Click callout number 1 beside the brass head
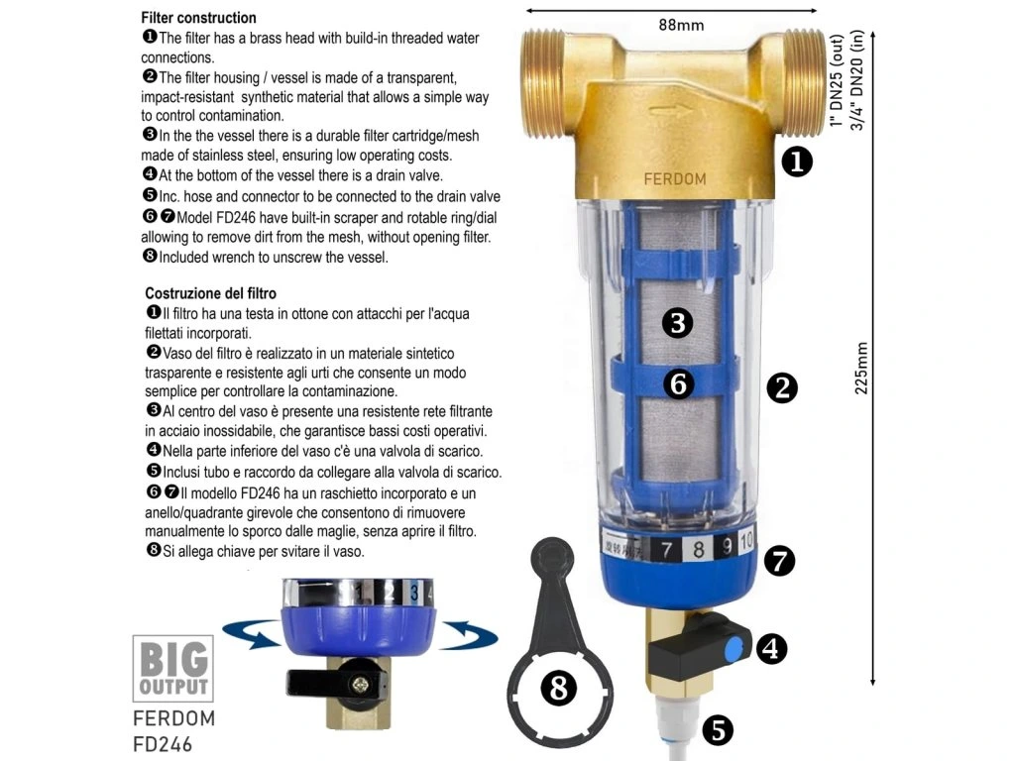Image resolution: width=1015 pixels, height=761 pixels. point(797,162)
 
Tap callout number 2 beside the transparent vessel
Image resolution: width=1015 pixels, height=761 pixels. point(782,387)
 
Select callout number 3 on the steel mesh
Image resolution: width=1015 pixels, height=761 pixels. point(678,322)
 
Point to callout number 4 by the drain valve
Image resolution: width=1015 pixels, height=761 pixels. point(771,648)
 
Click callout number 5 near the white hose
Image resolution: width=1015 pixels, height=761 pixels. point(718,730)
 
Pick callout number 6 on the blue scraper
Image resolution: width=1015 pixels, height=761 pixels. point(678,383)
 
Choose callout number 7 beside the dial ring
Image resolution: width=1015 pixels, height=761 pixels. point(779,561)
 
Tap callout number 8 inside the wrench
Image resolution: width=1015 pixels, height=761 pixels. point(559,688)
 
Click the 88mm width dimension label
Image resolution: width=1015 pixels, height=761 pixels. point(681,25)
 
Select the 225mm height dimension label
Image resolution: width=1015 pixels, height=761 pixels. point(861,369)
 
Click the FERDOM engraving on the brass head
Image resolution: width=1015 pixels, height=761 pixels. point(674,179)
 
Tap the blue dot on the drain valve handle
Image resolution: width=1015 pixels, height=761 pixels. point(733,650)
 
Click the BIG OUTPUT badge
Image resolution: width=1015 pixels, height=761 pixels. point(172,669)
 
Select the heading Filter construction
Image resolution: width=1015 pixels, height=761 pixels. point(198,18)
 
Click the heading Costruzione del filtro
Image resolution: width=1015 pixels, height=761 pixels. point(210,293)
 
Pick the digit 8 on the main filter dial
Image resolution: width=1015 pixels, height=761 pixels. point(698,549)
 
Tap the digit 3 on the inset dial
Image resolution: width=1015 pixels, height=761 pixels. point(414,593)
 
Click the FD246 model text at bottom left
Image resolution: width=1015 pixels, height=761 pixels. point(163,744)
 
